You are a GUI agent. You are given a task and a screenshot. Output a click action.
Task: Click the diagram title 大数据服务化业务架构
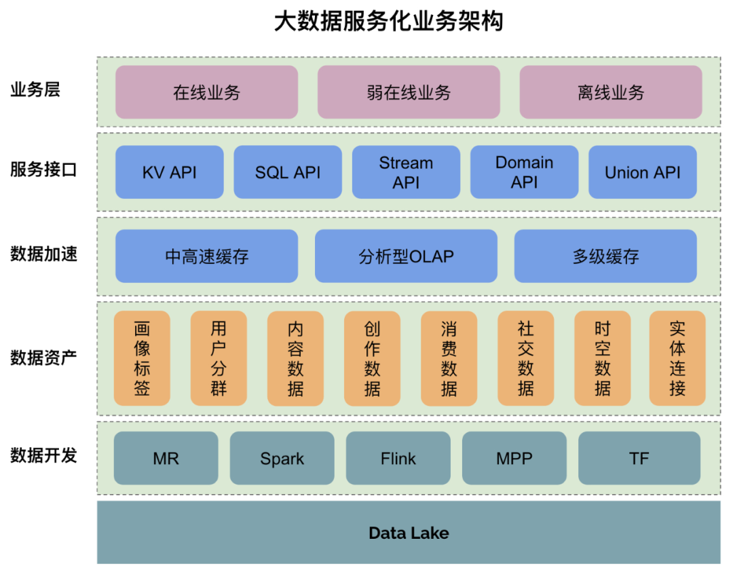[388, 22]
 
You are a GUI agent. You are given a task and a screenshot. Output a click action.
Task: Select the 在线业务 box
[206, 92]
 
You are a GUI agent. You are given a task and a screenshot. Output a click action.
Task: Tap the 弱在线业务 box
[409, 92]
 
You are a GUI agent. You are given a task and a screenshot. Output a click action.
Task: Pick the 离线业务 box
[611, 92]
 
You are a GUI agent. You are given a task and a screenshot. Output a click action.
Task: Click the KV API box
[169, 172]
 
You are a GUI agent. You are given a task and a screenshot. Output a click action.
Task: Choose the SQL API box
[288, 172]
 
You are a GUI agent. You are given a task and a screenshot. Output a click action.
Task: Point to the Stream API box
[406, 172]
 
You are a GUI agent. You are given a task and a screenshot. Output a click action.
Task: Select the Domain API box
[524, 172]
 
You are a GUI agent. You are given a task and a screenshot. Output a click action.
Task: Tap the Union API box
[642, 172]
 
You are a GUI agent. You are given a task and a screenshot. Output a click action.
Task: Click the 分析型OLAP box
[406, 257]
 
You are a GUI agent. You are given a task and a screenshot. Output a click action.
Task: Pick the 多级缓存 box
[605, 257]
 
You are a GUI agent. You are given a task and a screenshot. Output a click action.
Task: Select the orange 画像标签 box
[142, 358]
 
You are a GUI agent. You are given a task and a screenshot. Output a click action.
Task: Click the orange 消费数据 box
[449, 358]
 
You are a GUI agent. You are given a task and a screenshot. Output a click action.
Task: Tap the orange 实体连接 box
[677, 358]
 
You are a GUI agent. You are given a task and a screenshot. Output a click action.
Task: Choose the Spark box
[282, 459]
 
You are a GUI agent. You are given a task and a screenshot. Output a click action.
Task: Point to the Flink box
[398, 459]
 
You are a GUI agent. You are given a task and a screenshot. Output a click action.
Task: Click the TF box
[639, 459]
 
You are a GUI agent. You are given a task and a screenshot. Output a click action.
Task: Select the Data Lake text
[409, 533]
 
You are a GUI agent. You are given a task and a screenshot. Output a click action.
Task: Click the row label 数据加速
[43, 254]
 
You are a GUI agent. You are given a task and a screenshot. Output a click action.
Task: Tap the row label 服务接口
[43, 170]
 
